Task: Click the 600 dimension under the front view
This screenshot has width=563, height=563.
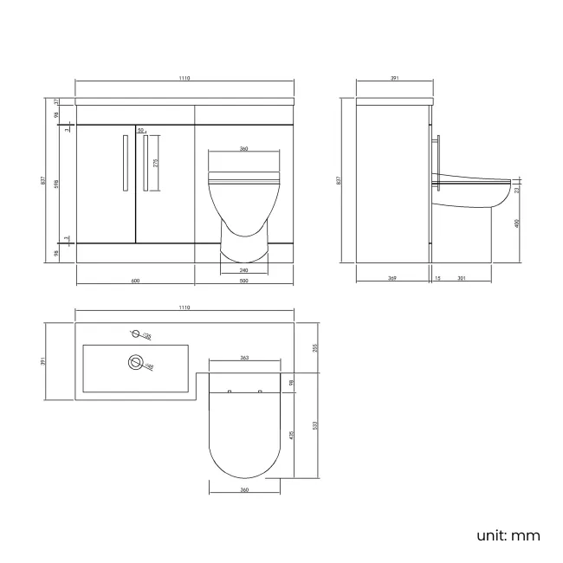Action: (x=136, y=280)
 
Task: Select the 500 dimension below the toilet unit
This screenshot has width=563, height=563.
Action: (x=244, y=280)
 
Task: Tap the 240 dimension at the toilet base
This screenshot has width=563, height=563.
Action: (x=244, y=269)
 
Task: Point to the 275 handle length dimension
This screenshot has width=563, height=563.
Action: (x=155, y=162)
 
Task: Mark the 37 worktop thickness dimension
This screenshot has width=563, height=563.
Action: (x=56, y=101)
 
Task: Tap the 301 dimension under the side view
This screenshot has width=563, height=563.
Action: (x=461, y=278)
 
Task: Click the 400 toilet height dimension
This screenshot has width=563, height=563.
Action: (x=517, y=223)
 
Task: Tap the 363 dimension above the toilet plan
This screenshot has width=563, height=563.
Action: (x=244, y=357)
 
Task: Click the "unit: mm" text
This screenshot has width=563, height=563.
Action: (x=508, y=535)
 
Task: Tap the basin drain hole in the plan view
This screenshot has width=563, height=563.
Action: (x=135, y=363)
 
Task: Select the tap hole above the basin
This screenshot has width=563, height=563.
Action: (x=134, y=333)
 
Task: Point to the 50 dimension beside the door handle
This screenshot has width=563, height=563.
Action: (x=140, y=130)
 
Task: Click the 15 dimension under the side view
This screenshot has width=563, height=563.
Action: (x=437, y=278)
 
